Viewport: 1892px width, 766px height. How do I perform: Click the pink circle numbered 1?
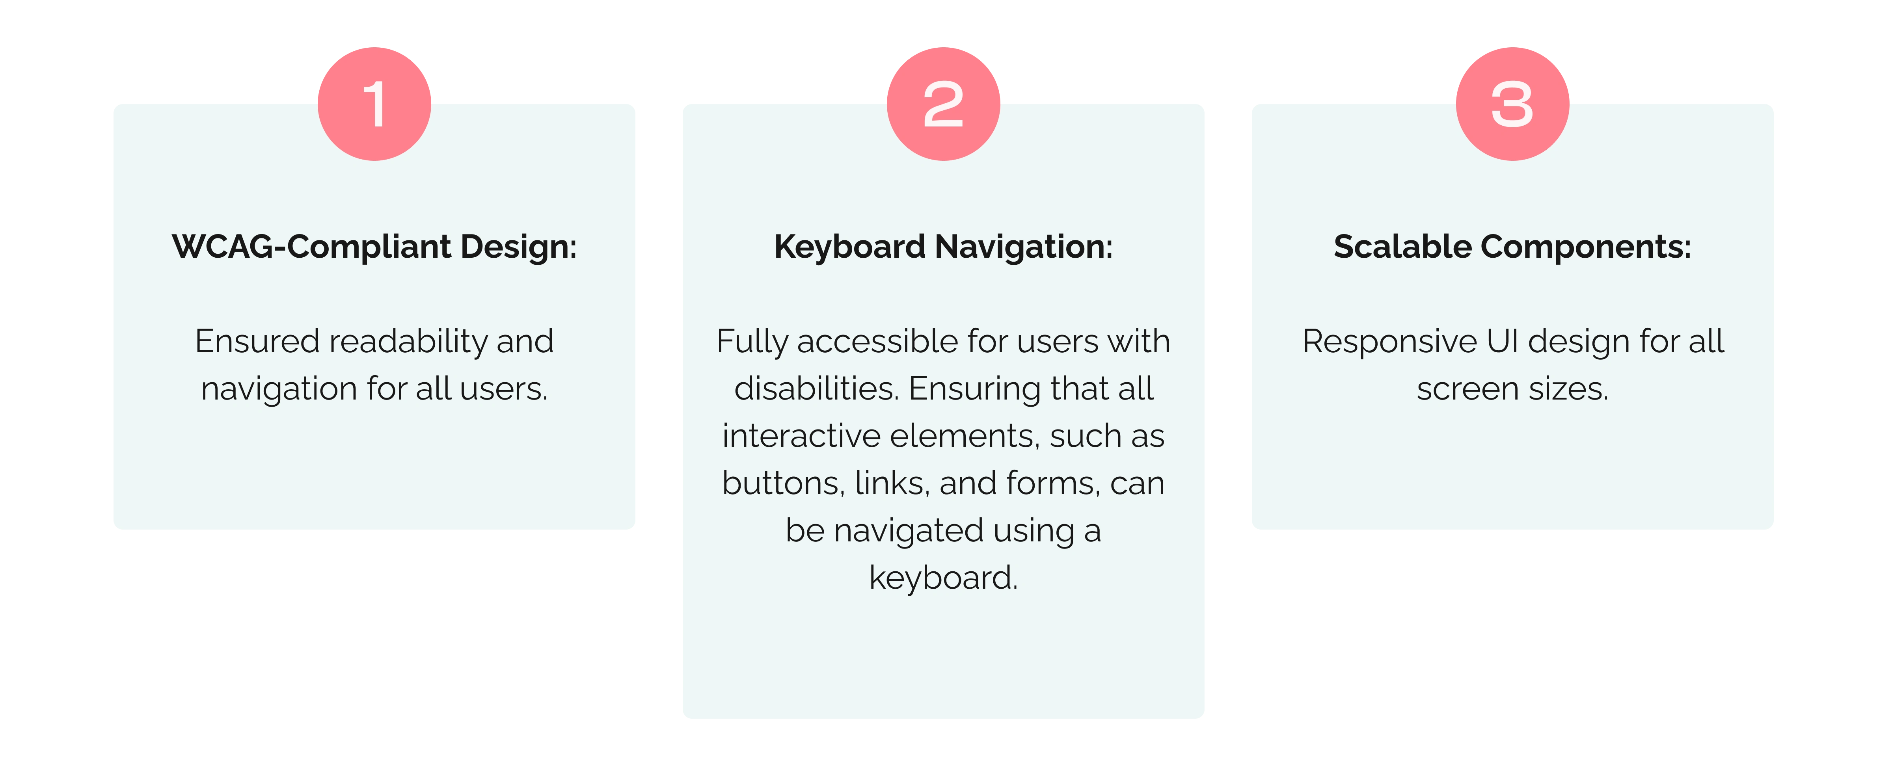click(374, 104)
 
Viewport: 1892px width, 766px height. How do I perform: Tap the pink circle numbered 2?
click(944, 104)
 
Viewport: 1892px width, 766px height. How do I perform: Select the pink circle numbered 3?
click(1513, 104)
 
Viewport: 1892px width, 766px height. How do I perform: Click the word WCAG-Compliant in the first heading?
click(311, 247)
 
